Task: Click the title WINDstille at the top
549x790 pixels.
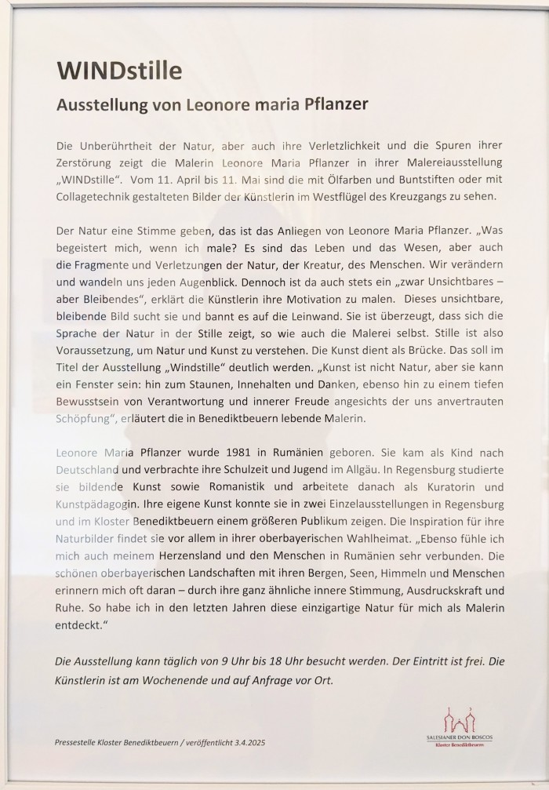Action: coord(119,71)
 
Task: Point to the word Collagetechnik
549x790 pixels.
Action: coord(96,197)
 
